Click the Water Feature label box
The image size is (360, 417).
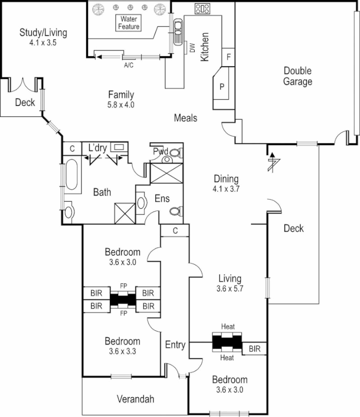point(128,22)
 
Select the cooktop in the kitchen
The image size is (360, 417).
point(202,8)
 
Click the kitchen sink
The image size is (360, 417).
point(178,32)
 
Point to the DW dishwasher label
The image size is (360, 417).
point(192,48)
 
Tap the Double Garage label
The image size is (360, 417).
point(297,76)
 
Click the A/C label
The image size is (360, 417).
point(129,66)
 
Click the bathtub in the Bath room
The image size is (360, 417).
point(71,177)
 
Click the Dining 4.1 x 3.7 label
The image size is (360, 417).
point(226,183)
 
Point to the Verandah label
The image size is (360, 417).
point(135,399)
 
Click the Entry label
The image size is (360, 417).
point(175,345)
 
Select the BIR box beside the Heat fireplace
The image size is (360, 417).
point(255,348)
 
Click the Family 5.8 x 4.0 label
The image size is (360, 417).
point(121,99)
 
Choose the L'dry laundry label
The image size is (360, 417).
point(97,148)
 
